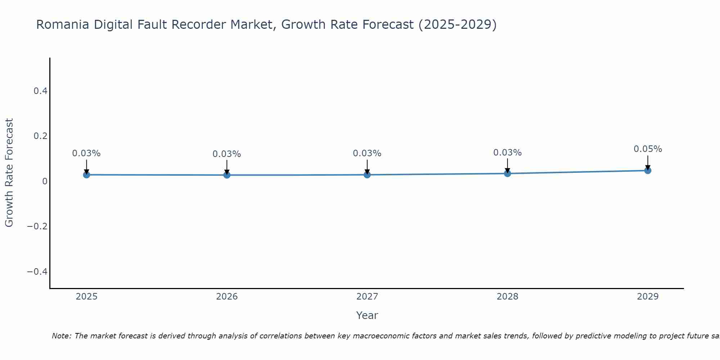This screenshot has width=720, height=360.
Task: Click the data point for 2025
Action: click(86, 175)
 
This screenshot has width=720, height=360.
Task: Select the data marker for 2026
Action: click(227, 175)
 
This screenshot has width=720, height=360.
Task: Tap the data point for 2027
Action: click(367, 175)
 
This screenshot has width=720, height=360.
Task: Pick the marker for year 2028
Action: click(508, 174)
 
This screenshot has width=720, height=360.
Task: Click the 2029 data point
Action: click(648, 170)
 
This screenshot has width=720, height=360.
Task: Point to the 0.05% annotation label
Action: click(648, 149)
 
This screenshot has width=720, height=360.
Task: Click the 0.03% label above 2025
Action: click(86, 153)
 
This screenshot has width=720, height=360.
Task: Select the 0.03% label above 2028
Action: click(507, 153)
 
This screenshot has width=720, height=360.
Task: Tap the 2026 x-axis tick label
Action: click(227, 297)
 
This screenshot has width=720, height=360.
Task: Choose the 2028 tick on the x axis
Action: click(507, 297)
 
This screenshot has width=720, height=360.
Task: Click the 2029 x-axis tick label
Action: click(648, 297)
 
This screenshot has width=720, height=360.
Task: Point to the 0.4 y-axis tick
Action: click(41, 91)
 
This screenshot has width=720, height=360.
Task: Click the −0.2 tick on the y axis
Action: click(37, 226)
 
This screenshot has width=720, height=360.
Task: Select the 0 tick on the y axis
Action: click(45, 181)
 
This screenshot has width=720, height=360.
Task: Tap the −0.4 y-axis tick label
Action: click(37, 271)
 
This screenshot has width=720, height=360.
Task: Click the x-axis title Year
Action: click(367, 315)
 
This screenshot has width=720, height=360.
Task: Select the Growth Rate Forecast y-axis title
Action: click(9, 173)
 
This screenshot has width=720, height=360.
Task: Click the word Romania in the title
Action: click(63, 24)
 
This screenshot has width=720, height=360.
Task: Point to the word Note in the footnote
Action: click(62, 336)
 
